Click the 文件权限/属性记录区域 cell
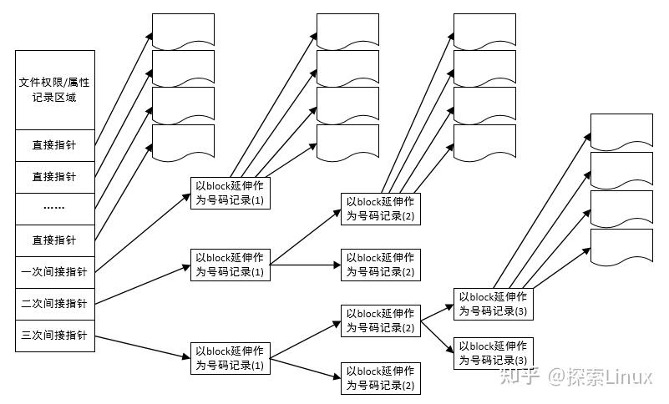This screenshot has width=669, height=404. pos(55,89)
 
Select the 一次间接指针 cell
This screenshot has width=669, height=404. pos(55,271)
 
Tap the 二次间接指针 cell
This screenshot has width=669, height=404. pos(55,303)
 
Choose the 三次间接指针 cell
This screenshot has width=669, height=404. pos(55,336)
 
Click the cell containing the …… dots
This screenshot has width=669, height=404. pos(55,209)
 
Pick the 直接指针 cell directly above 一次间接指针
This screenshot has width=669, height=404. pos(55,240)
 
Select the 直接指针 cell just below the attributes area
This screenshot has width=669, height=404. pos(55,144)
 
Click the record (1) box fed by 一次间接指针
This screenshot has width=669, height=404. pos(231,194)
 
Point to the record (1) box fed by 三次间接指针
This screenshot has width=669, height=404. pos(231,358)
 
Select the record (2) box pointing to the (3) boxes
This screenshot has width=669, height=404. pos(380,321)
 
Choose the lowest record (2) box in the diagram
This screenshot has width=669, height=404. pos(380,378)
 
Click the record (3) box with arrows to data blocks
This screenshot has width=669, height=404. pos(494,304)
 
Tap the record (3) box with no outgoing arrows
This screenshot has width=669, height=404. pos(494,353)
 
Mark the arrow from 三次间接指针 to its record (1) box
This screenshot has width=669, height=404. pos(142,346)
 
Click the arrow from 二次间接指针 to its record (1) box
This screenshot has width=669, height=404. pos(142,285)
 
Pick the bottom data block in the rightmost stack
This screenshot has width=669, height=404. pos(621,248)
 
